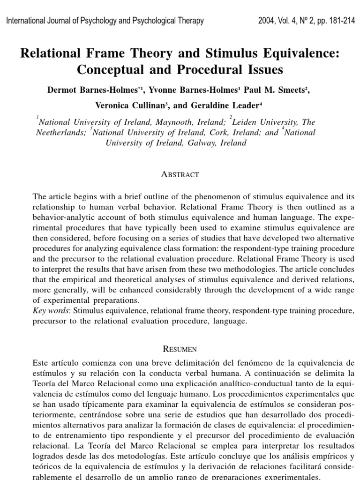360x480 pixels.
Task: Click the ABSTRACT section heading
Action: coord(180,174)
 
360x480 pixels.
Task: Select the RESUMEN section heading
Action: coord(180,349)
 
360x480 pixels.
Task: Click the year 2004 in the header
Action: coord(267,21)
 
